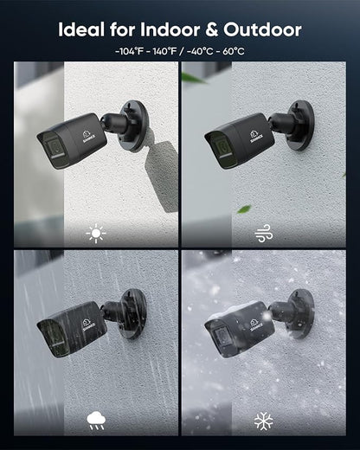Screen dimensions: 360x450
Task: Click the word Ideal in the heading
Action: click(x=81, y=29)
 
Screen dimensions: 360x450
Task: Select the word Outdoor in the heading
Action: click(x=262, y=29)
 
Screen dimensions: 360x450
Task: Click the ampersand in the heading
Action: click(x=212, y=30)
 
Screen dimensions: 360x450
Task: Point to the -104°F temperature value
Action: click(x=129, y=52)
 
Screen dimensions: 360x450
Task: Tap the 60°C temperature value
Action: click(x=234, y=52)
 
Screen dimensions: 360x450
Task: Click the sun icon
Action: click(x=96, y=234)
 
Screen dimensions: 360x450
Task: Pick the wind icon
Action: click(x=264, y=233)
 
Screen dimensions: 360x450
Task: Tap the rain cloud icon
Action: click(x=96, y=421)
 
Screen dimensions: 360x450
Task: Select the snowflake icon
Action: click(x=264, y=421)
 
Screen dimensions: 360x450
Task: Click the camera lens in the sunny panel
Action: click(x=55, y=148)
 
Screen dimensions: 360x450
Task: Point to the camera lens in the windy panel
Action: click(x=222, y=148)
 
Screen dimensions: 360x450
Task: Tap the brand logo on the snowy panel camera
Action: click(x=256, y=325)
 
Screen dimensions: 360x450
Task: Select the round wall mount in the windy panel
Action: click(x=300, y=125)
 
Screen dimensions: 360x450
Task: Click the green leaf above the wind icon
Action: click(x=244, y=209)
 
